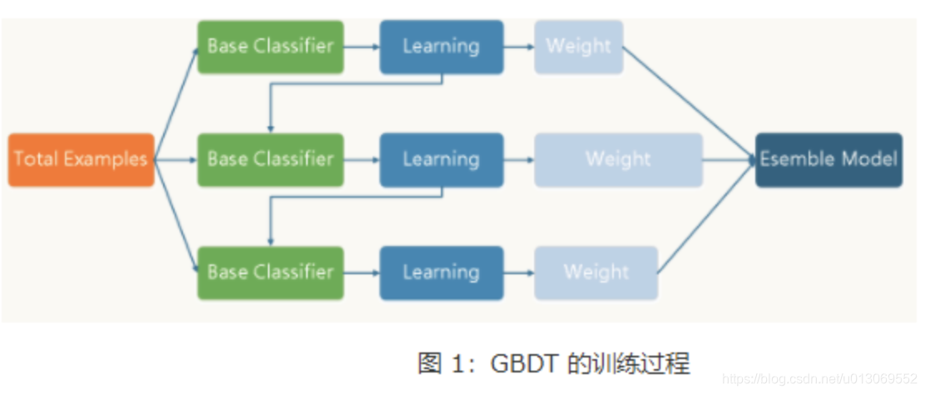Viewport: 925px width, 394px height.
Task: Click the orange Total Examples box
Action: (82, 160)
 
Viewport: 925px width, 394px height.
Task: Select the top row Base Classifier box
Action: (270, 47)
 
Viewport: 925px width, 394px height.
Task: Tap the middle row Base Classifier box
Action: (270, 160)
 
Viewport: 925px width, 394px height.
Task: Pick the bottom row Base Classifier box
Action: (270, 273)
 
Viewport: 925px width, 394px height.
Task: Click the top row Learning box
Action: (441, 47)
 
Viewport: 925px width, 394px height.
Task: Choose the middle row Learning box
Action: (441, 160)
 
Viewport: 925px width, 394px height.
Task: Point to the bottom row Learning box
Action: (441, 273)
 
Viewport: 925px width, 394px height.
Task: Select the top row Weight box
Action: (578, 47)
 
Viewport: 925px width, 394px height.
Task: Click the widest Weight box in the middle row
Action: (618, 160)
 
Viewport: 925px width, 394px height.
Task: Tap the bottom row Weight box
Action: (596, 273)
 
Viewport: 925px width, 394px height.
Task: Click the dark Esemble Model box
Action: (829, 160)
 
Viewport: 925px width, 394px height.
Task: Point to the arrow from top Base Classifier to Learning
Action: (362, 47)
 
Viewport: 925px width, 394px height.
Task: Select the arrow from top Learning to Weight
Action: (519, 47)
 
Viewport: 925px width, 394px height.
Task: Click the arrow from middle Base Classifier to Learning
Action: (362, 160)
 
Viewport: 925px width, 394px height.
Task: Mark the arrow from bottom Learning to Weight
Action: (519, 273)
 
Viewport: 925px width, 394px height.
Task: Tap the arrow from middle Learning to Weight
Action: (519, 160)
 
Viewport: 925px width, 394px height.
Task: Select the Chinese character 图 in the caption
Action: (429, 364)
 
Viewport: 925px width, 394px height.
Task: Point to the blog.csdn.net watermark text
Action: (819, 379)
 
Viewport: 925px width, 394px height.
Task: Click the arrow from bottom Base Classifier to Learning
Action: (362, 273)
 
